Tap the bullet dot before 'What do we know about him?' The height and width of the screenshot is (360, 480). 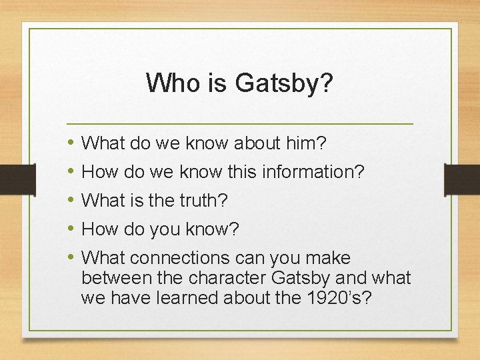click(x=71, y=143)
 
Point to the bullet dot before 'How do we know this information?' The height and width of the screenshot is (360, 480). click(x=71, y=172)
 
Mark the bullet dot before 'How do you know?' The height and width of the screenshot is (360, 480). click(x=71, y=229)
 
